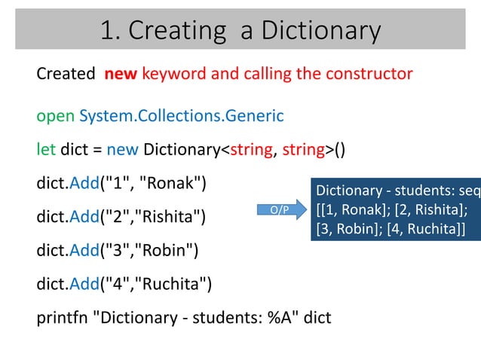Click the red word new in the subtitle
point(121,74)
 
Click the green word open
point(55,117)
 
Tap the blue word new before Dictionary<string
point(122,148)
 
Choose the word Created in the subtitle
point(65,74)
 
